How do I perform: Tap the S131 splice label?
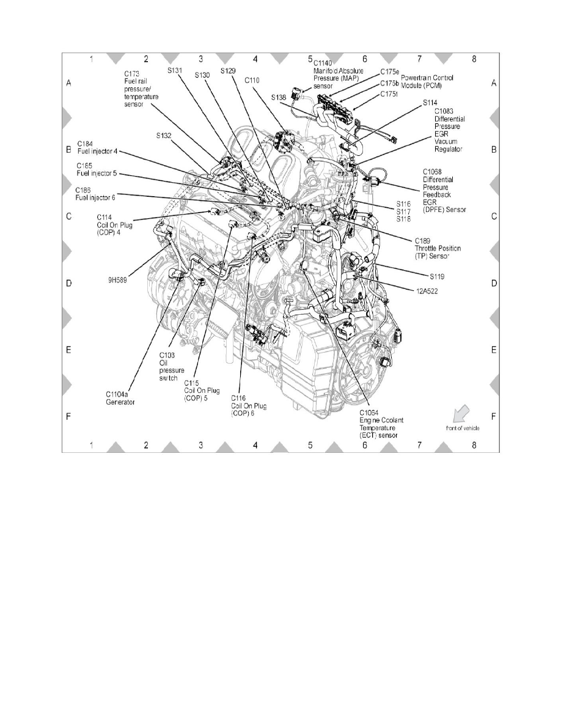(x=175, y=71)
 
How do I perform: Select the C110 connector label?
(x=252, y=80)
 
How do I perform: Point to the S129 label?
(x=228, y=71)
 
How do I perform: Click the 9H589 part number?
(x=118, y=282)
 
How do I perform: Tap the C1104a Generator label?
(x=120, y=398)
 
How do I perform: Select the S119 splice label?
(x=420, y=276)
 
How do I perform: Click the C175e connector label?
(x=389, y=71)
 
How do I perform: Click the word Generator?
(x=120, y=402)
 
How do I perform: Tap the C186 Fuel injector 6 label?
(x=95, y=193)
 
